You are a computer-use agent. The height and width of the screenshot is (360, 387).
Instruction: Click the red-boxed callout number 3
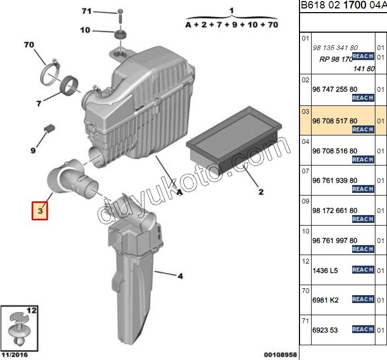[x=40, y=211]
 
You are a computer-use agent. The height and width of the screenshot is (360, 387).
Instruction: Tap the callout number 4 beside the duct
[x=180, y=275]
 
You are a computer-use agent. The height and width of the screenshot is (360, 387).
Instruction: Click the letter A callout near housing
[x=179, y=193]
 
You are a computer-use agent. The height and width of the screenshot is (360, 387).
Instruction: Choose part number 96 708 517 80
[x=334, y=121]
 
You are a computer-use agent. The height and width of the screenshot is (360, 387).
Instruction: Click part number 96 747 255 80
[x=334, y=90]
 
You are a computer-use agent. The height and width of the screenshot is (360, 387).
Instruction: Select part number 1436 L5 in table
[x=325, y=270]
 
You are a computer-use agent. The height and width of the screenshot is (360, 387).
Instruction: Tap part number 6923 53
[x=325, y=330]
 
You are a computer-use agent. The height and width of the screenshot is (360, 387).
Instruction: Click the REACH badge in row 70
[x=363, y=299]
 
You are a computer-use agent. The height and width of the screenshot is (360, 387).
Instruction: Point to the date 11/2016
[x=15, y=355]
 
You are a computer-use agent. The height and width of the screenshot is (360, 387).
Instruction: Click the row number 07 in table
[x=305, y=171]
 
